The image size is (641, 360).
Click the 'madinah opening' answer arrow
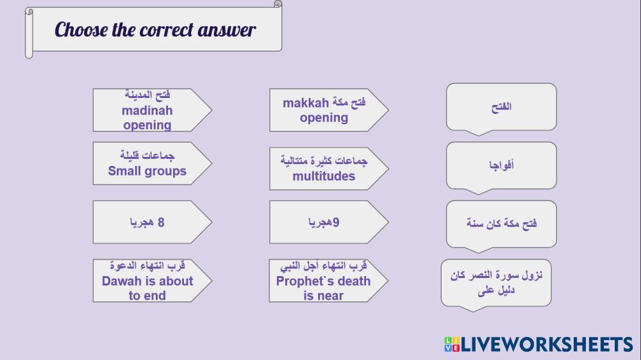[x=152, y=110]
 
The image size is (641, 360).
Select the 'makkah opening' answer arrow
[x=329, y=110]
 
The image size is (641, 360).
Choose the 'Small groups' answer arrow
[x=152, y=163]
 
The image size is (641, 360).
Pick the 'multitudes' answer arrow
[x=329, y=168]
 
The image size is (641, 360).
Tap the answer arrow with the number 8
[x=152, y=222]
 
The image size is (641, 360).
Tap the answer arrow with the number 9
[x=329, y=222]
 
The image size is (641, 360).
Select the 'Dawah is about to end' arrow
[x=152, y=281]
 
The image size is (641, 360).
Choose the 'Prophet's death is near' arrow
[x=328, y=281]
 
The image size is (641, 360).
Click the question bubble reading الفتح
[x=501, y=107]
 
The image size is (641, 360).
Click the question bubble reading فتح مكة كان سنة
[x=501, y=224]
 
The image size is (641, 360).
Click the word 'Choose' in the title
[x=81, y=30]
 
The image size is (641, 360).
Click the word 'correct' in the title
[x=167, y=31]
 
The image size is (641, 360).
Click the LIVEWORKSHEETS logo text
[x=547, y=345]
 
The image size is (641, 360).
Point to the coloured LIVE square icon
[x=452, y=345]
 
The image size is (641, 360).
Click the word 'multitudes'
[x=324, y=176]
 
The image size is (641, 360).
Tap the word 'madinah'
[x=147, y=110]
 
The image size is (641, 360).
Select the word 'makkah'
[x=306, y=103]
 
